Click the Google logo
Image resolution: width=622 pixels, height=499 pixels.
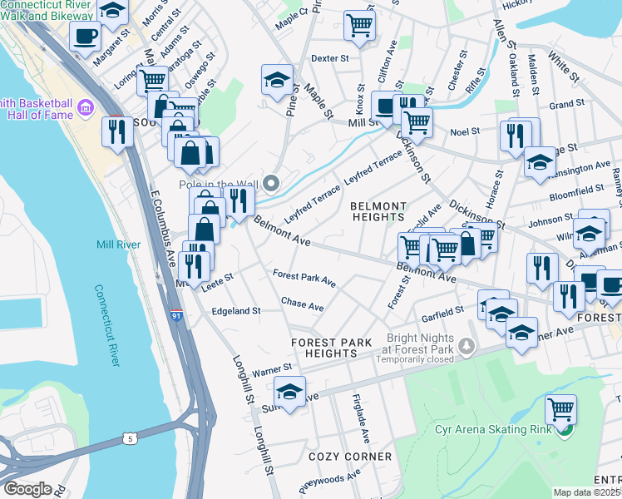click(27, 489)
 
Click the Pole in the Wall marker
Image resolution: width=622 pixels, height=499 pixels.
click(272, 183)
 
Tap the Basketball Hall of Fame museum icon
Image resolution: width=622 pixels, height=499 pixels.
click(85, 108)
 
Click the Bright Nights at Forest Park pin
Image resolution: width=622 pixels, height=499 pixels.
click(467, 345)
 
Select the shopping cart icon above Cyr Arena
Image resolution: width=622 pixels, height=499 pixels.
click(561, 409)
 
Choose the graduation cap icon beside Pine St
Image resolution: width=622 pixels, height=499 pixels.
click(277, 80)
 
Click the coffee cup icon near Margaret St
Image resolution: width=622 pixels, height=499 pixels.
click(86, 37)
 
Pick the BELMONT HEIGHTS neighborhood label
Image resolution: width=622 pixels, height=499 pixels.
click(378, 211)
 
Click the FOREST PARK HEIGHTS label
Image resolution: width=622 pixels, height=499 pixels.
click(330, 348)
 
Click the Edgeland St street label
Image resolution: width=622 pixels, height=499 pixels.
click(237, 310)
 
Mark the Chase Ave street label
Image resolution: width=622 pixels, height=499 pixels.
click(302, 305)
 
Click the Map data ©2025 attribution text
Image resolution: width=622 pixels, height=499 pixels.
click(587, 492)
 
